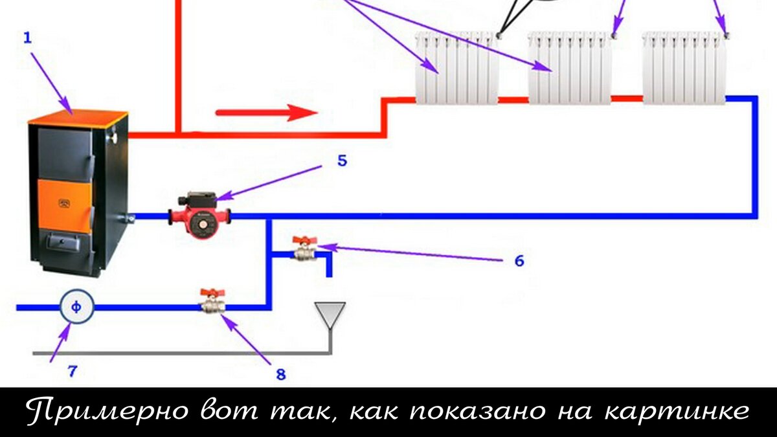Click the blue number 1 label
[27, 38]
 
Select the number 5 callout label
[342, 161]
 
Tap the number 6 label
[519, 261]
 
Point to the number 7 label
[72, 372]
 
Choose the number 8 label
[280, 375]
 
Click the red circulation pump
[200, 215]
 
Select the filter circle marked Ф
[76, 308]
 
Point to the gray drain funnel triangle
[330, 314]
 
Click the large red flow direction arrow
[266, 113]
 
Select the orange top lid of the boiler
[78, 118]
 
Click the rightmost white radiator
[684, 68]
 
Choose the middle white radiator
[569, 68]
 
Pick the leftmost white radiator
[457, 68]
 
